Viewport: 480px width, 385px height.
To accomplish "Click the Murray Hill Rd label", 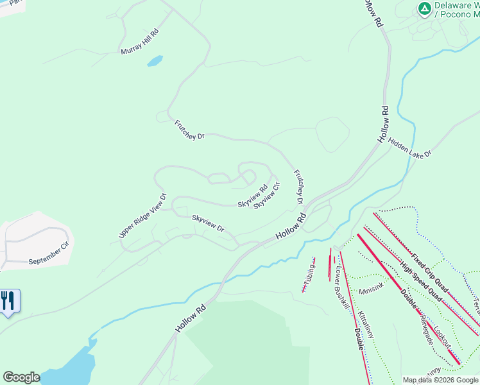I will click(x=139, y=41).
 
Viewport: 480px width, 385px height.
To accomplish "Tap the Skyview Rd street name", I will click(x=252, y=197).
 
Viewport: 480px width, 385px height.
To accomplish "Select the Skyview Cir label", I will click(x=267, y=196).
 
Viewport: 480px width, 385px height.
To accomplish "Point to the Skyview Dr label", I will click(x=208, y=223).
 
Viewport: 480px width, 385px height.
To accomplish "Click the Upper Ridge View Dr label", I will click(x=142, y=216).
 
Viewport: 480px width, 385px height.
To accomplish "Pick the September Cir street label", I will click(x=48, y=253).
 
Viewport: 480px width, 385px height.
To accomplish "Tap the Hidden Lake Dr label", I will click(x=410, y=146).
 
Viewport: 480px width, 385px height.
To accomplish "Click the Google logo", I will click(x=21, y=377).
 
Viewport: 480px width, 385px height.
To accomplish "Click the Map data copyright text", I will click(x=440, y=380).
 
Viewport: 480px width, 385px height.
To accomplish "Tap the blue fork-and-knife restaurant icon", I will click(x=8, y=302).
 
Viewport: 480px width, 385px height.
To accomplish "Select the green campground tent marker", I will click(x=424, y=8).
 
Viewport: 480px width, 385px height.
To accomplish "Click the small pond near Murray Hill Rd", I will click(x=155, y=62).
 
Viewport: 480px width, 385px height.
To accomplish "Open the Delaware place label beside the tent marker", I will click(x=456, y=8).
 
